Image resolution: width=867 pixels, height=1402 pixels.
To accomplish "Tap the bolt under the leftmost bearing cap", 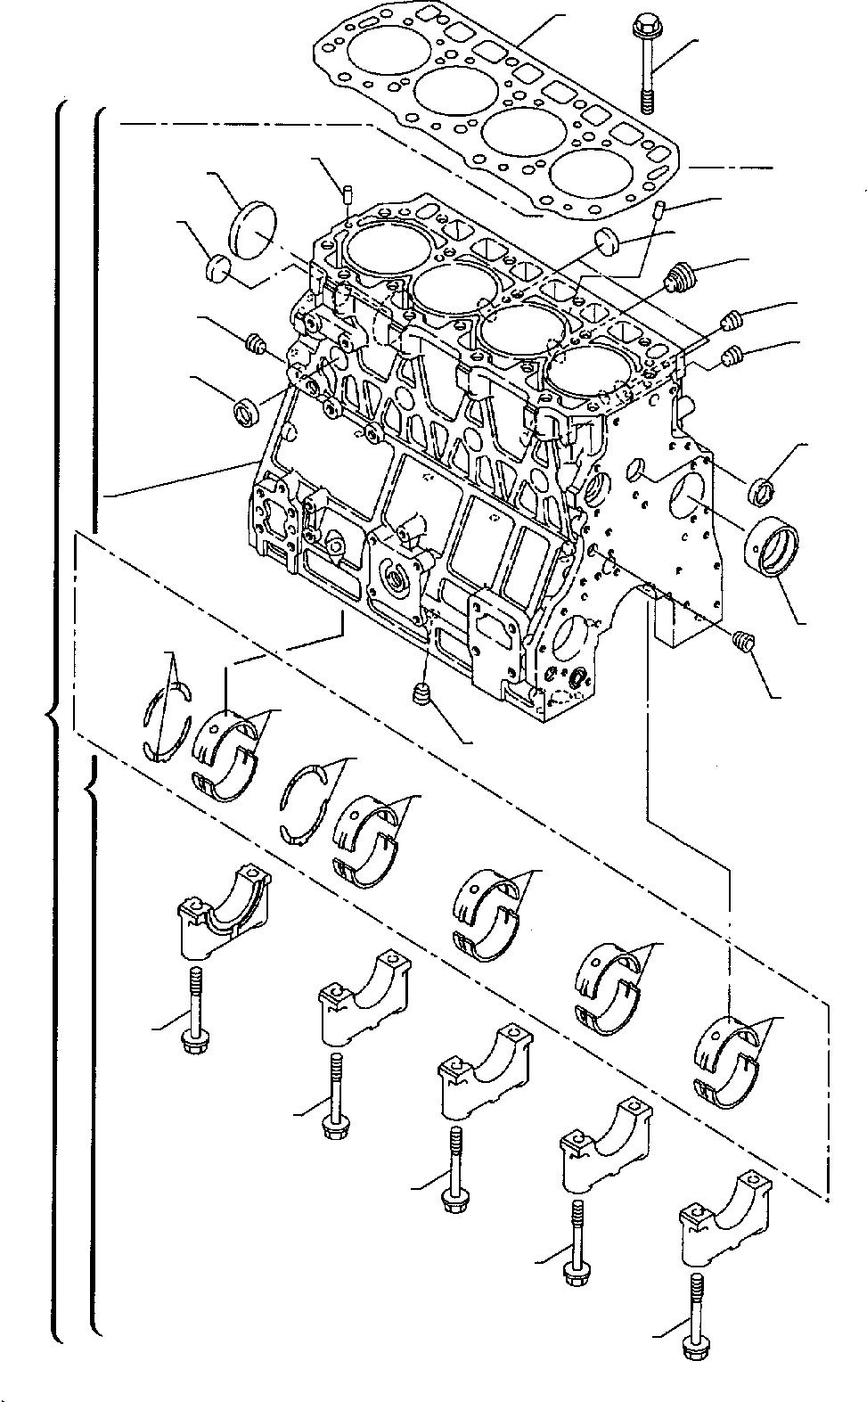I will [193, 1012].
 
